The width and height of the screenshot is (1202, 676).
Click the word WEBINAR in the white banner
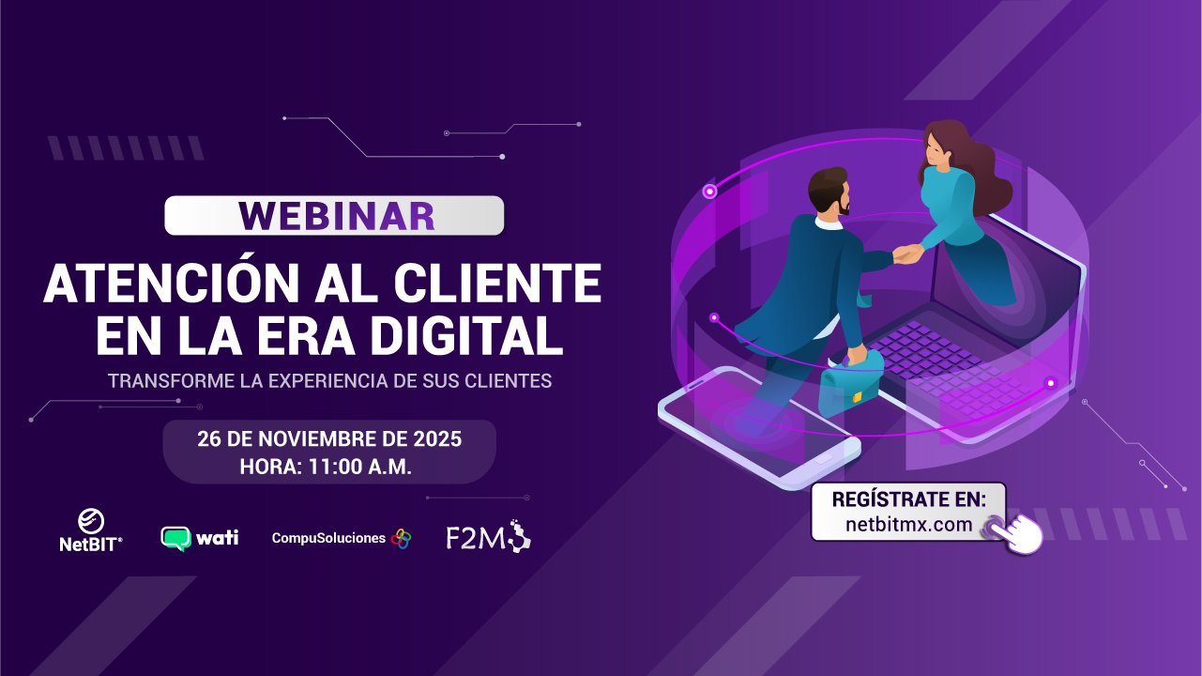[x=337, y=216]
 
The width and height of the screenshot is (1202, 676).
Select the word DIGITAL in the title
[x=466, y=335]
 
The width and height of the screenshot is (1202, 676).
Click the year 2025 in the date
[x=437, y=439]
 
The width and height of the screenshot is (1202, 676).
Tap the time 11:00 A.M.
[x=360, y=467]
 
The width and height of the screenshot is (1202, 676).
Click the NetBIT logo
[x=91, y=530]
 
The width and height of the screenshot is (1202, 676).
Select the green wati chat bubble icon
[x=176, y=539]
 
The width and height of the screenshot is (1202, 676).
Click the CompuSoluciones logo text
[x=328, y=538]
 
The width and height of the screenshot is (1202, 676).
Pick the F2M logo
[x=488, y=536]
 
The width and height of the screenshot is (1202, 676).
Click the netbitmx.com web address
[x=909, y=524]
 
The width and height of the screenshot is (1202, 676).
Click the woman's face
[x=936, y=148]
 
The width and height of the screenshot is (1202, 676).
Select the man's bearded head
[x=829, y=192]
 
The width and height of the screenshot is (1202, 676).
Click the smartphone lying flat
[x=759, y=427]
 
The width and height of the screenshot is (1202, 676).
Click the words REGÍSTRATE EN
[x=909, y=499]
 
